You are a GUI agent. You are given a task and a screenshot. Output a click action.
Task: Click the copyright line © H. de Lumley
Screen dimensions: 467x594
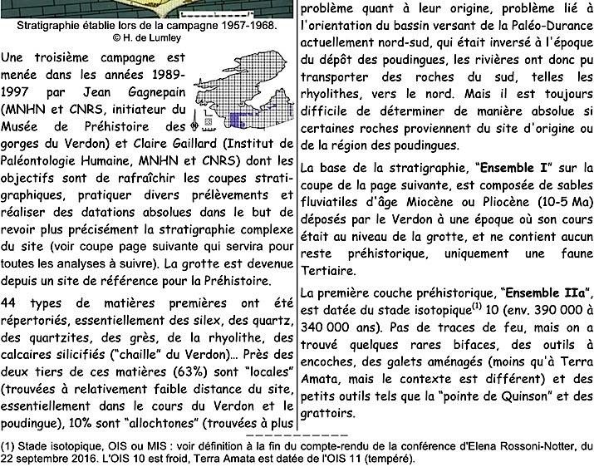(148, 38)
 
